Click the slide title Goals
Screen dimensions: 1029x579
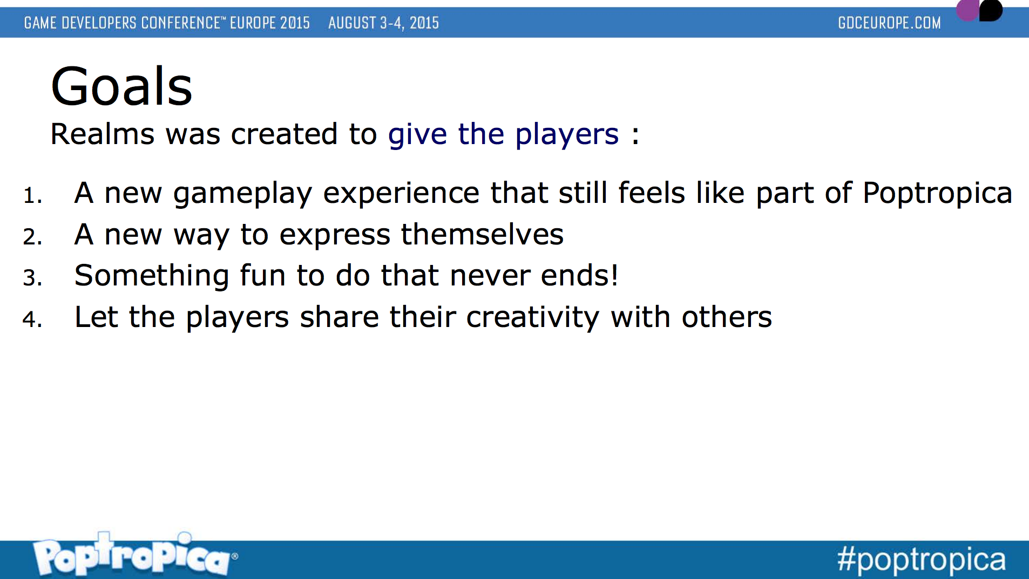pyautogui.click(x=121, y=86)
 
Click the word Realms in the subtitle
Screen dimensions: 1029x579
pyautogui.click(x=102, y=134)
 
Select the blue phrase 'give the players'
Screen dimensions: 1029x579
pyautogui.click(x=503, y=135)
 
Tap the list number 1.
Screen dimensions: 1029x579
pyautogui.click(x=32, y=195)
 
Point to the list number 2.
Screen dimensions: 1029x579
pyautogui.click(x=32, y=237)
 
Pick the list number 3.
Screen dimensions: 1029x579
pyautogui.click(x=32, y=278)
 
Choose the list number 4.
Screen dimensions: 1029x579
pyautogui.click(x=32, y=319)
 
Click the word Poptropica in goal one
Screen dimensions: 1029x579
pyautogui.click(x=937, y=194)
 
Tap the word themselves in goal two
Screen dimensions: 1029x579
pyautogui.click(x=482, y=235)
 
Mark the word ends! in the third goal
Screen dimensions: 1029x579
pyautogui.click(x=579, y=276)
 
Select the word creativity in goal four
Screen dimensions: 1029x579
pyautogui.click(x=533, y=318)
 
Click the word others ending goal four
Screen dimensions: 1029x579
pyautogui.click(x=727, y=317)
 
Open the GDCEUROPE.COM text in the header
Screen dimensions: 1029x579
pyautogui.click(x=889, y=23)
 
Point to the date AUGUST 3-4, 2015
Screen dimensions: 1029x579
pyautogui.click(x=383, y=23)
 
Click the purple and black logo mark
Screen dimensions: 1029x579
pyautogui.click(x=979, y=10)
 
